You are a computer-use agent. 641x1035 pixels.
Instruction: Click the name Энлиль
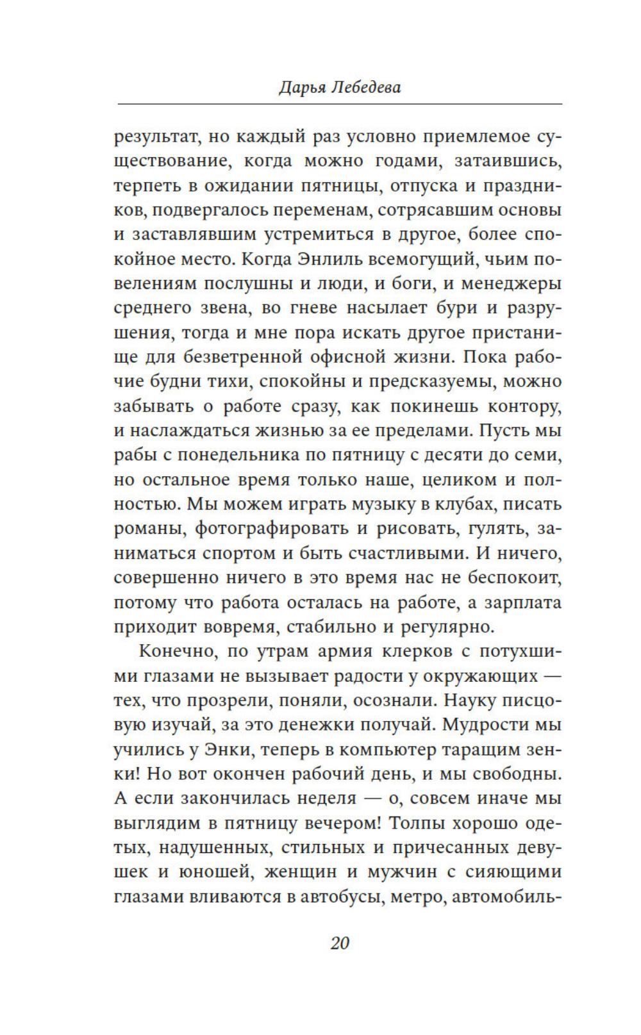pyautogui.click(x=329, y=260)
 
